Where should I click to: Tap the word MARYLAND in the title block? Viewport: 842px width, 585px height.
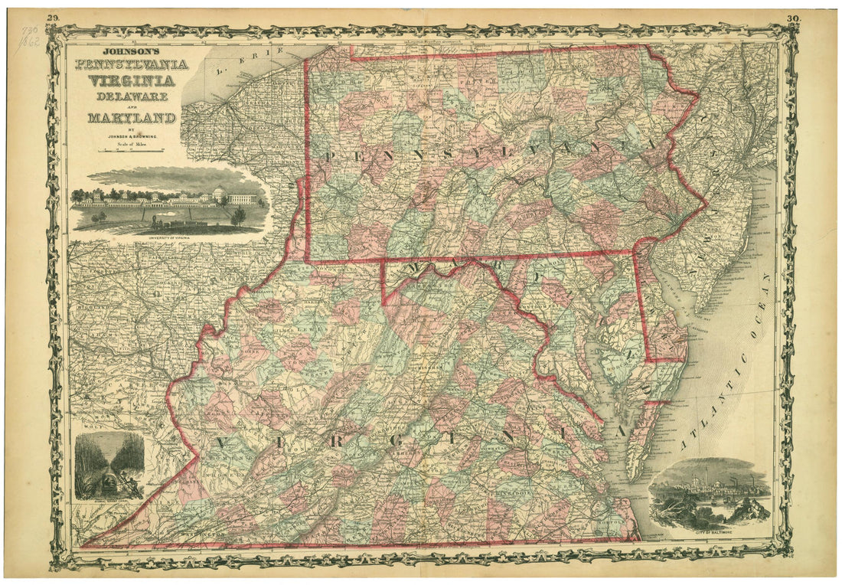(131, 118)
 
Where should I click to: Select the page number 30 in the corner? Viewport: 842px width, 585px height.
(791, 17)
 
